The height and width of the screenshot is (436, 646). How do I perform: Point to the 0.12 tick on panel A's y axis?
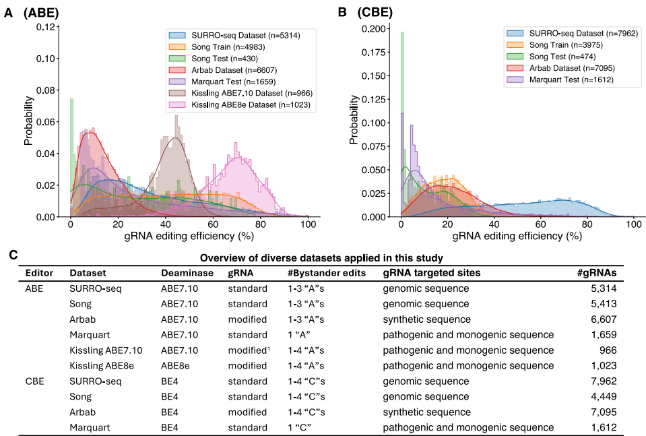pyautogui.click(x=45, y=27)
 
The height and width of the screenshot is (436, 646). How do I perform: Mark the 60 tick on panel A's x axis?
pyautogui.click(x=213, y=224)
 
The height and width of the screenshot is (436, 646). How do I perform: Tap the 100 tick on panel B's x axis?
pyautogui.click(x=633, y=224)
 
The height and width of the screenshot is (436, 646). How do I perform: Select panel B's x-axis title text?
pyautogui.click(x=516, y=237)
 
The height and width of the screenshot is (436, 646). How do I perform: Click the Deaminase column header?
pyautogui.click(x=187, y=273)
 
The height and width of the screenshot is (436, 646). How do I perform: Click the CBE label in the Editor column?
pyautogui.click(x=36, y=380)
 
